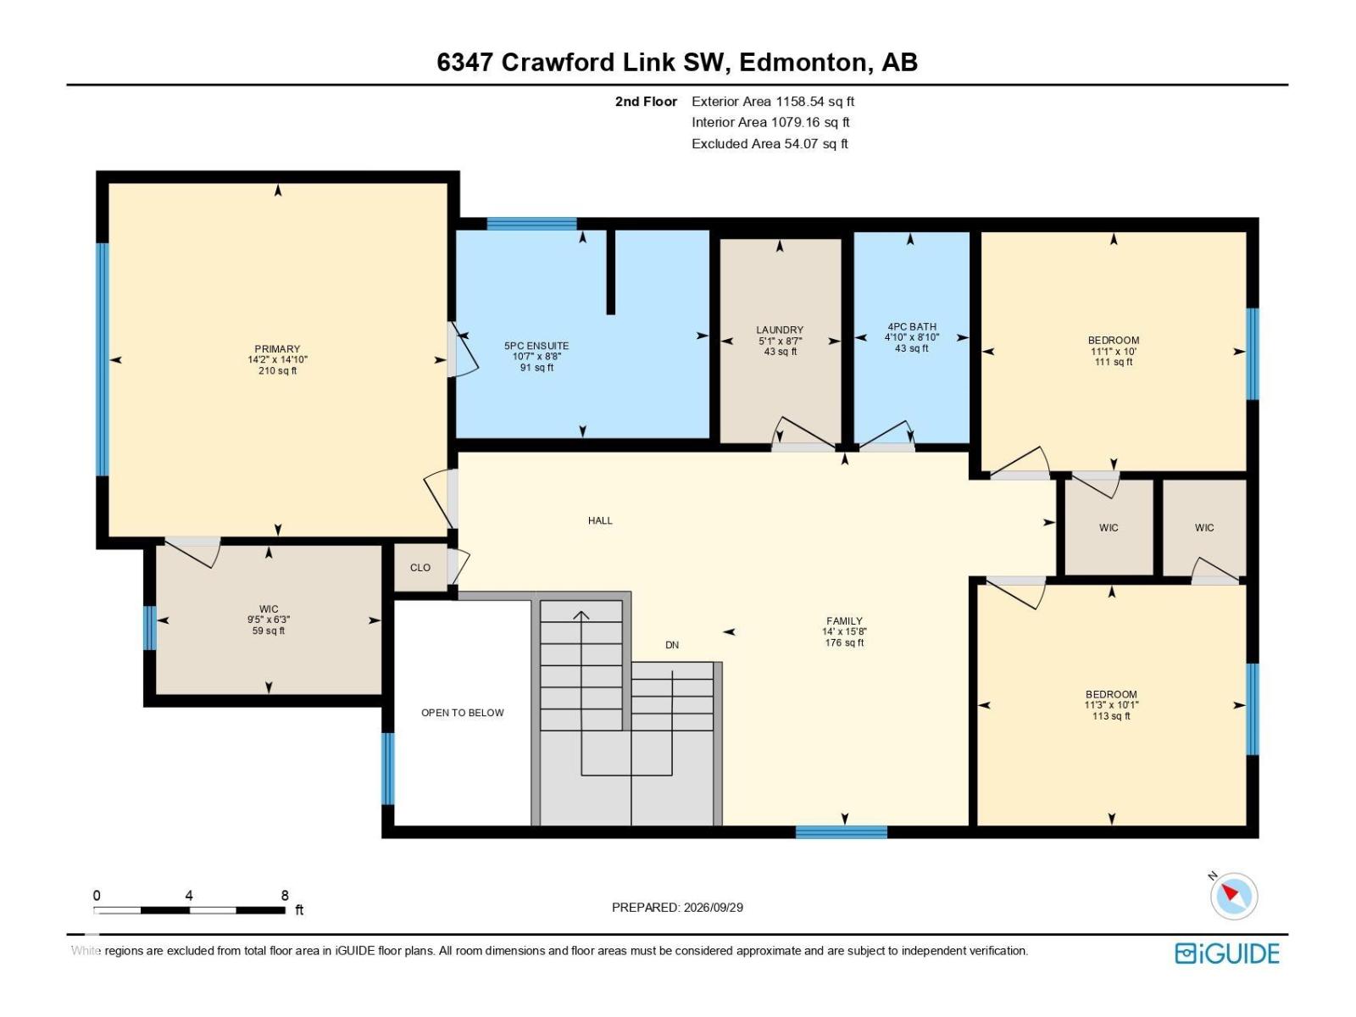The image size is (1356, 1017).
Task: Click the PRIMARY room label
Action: tap(277, 349)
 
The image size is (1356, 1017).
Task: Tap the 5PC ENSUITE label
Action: tap(536, 346)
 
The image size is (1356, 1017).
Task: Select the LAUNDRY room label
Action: tap(780, 331)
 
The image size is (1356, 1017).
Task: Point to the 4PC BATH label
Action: tap(912, 326)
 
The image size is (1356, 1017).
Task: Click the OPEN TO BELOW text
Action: tap(462, 713)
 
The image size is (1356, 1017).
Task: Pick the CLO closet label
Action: tap(420, 568)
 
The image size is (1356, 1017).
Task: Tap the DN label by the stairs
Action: tap(672, 645)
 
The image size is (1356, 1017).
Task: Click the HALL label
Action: tap(600, 520)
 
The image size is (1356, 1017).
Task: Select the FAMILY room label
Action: tap(844, 621)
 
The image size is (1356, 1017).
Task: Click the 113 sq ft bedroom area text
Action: tap(1111, 716)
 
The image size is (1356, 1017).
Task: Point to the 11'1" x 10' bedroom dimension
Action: tap(1114, 352)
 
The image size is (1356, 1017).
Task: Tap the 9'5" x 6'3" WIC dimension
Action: tap(269, 620)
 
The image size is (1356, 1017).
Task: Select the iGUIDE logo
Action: tap(1227, 953)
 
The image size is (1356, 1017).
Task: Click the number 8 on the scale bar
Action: tap(285, 895)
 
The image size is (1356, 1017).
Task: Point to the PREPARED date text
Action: tap(677, 907)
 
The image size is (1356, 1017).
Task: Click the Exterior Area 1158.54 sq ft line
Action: tap(773, 102)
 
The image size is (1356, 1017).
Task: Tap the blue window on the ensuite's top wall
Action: tap(532, 224)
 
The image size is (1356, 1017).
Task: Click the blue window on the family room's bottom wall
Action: tap(842, 831)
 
